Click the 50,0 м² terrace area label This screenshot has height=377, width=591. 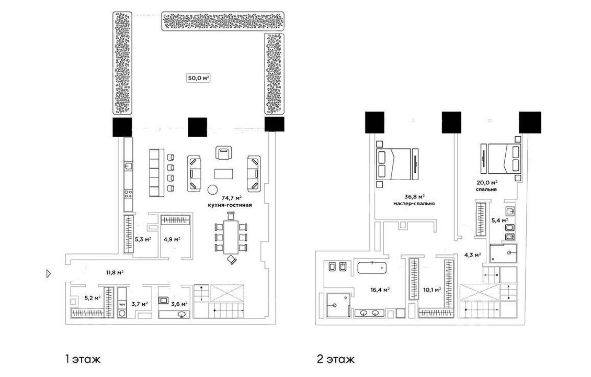pyautogui.click(x=199, y=79)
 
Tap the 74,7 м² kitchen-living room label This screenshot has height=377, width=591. pyautogui.click(x=231, y=198)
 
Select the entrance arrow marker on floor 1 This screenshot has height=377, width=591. pyautogui.click(x=48, y=274)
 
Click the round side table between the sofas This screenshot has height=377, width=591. pyautogui.click(x=213, y=189)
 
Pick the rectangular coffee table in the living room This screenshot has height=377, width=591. pyautogui.click(x=224, y=174)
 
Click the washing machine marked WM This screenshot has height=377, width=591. pyautogui.click(x=122, y=304)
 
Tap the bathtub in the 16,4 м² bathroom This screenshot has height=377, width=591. pyautogui.click(x=373, y=268)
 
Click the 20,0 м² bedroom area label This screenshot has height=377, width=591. pyautogui.click(x=487, y=183)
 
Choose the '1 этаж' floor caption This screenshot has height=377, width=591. pyautogui.click(x=83, y=359)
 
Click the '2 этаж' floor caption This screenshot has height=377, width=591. pyautogui.click(x=336, y=359)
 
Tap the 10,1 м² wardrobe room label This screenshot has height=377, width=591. pyautogui.click(x=433, y=290)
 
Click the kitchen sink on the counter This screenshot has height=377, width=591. pyautogui.click(x=128, y=165)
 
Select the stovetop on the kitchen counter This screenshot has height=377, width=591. pyautogui.click(x=128, y=194)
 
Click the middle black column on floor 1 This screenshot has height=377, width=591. pyautogui.click(x=198, y=127)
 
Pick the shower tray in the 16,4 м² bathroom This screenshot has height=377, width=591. pyautogui.click(x=337, y=305)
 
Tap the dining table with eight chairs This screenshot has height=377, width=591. pyautogui.click(x=231, y=237)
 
